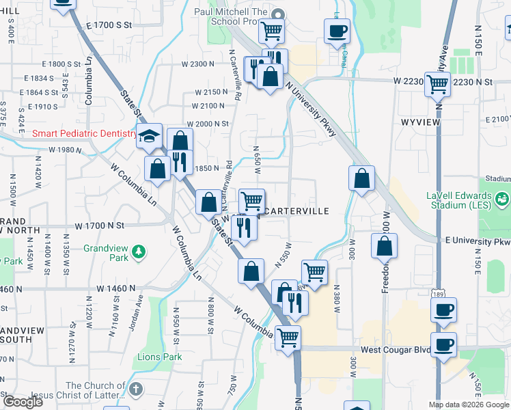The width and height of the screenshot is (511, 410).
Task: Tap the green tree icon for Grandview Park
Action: (139, 253)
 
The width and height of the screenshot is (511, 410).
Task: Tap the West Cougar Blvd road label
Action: (396, 350)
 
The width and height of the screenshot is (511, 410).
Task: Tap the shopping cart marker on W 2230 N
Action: (437, 85)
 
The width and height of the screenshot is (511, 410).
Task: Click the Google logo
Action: (23, 402)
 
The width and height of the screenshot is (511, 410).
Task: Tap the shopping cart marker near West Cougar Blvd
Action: (288, 337)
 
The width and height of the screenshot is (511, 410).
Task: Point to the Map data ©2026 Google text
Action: (469, 405)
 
